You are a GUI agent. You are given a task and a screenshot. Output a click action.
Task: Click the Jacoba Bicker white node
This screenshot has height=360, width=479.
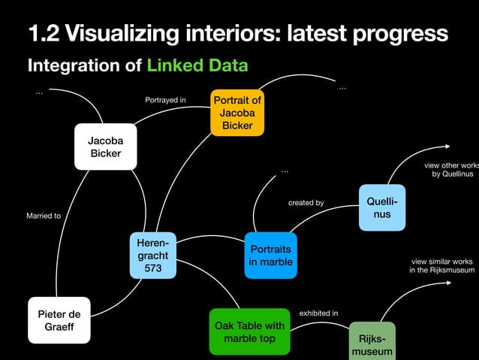click(x=105, y=147)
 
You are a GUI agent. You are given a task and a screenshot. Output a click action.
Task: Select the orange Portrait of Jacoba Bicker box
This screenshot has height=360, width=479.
click(x=237, y=113)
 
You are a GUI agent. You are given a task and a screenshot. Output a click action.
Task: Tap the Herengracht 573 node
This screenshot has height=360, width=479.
click(x=152, y=256)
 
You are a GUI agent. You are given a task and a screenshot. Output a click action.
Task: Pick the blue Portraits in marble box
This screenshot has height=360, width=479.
click(x=271, y=256)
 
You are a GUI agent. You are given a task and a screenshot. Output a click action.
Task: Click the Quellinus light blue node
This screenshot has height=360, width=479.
click(x=382, y=207)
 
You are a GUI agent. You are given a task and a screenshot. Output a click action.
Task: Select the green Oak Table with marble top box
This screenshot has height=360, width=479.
click(x=249, y=331)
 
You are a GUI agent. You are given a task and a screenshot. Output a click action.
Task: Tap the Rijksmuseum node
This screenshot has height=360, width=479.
click(x=372, y=344)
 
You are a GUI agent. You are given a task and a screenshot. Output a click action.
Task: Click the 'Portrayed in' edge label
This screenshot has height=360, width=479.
click(x=165, y=99)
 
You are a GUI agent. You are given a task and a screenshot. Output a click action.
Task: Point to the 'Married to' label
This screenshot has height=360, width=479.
click(x=44, y=216)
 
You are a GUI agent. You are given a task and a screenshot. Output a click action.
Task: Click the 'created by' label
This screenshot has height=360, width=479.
click(x=306, y=203)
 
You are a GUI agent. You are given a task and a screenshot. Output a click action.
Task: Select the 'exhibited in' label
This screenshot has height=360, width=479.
click(x=318, y=313)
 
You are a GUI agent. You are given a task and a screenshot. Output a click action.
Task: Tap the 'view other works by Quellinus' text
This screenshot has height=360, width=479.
click(x=450, y=170)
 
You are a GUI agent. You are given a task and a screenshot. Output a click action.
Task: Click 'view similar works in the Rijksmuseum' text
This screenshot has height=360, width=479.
click(x=442, y=265)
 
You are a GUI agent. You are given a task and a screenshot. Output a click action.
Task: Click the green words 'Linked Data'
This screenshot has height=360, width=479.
click(x=197, y=65)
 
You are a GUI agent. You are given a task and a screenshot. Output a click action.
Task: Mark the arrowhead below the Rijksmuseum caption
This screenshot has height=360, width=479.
click(x=448, y=283)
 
